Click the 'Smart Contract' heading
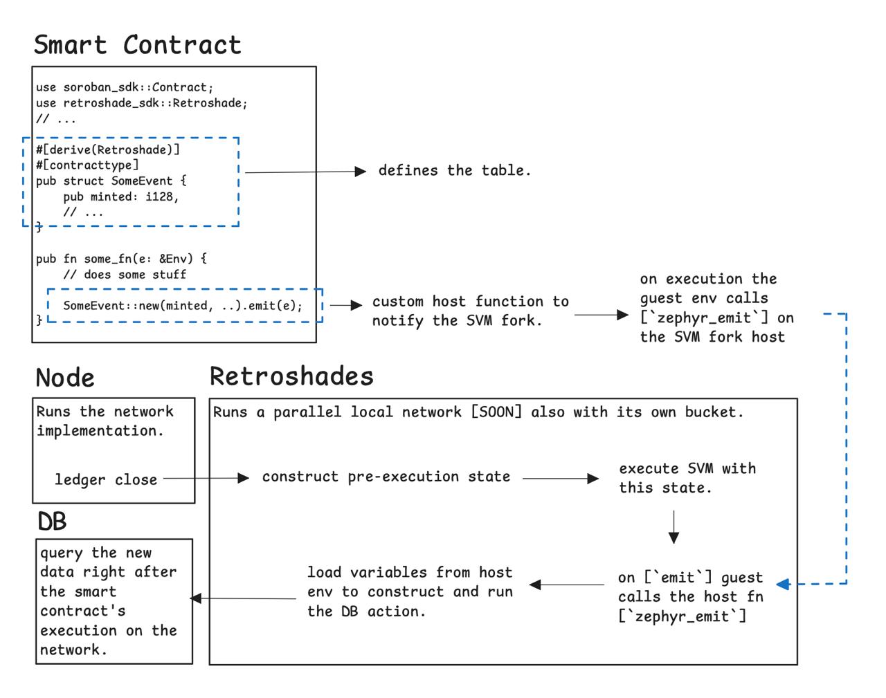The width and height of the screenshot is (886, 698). click(x=138, y=45)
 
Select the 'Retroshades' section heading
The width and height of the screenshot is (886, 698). click(x=291, y=376)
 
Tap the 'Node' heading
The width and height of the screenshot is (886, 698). click(x=65, y=378)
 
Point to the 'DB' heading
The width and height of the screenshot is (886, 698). click(x=52, y=522)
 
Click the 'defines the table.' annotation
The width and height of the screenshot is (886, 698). click(x=454, y=170)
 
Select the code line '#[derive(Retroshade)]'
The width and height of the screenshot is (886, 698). click(x=108, y=149)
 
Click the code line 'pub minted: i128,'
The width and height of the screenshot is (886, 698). click(x=120, y=196)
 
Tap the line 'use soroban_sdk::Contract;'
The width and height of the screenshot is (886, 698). click(x=125, y=87)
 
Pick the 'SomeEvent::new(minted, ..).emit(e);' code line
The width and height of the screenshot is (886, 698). click(x=183, y=305)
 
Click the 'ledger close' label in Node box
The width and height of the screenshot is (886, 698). click(x=106, y=479)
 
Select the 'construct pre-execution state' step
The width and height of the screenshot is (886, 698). click(x=386, y=477)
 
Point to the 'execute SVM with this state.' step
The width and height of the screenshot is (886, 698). click(x=687, y=478)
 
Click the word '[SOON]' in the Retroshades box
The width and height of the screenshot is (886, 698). click(x=496, y=412)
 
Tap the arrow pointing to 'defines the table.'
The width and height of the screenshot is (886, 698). click(x=305, y=172)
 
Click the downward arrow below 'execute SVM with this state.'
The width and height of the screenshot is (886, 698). click(x=673, y=527)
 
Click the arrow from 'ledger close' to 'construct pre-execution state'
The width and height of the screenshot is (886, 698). click(x=206, y=478)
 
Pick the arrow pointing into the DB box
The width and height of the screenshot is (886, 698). click(x=242, y=598)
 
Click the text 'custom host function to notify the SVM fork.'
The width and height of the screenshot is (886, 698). click(x=470, y=311)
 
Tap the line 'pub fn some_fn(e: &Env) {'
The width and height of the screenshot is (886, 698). click(x=121, y=259)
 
